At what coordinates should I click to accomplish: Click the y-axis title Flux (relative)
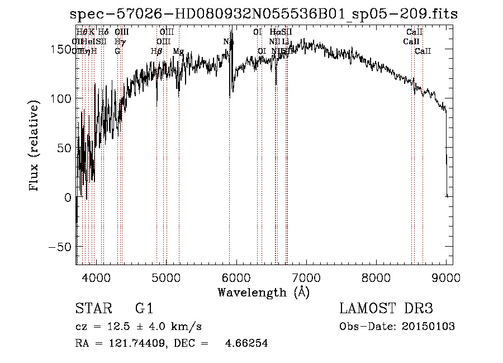point(35,147)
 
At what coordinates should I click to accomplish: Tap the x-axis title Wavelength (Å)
point(263,292)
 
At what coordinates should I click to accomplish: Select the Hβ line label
point(156,51)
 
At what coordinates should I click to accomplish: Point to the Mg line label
point(178,51)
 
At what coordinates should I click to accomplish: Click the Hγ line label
point(119,41)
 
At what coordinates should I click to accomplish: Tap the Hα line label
point(274,32)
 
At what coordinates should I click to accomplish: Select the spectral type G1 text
point(144,309)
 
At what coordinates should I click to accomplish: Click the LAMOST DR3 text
point(386,309)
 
